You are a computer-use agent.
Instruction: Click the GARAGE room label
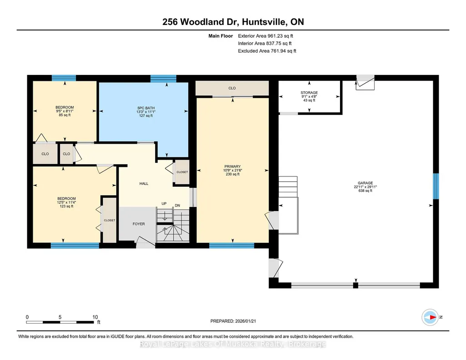[x=365, y=183]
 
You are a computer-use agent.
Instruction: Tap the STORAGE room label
[x=309, y=93]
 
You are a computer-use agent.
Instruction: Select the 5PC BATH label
[x=146, y=108]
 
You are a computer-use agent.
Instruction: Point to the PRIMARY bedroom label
[x=232, y=167]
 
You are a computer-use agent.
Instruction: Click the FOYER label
[x=139, y=224]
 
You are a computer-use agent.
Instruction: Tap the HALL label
[x=144, y=184]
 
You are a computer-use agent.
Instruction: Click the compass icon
[x=430, y=317]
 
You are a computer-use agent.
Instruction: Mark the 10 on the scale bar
[x=95, y=317]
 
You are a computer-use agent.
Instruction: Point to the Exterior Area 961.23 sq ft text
[x=266, y=36]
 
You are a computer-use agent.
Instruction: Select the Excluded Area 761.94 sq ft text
[x=267, y=51]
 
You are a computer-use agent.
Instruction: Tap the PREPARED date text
[x=233, y=321]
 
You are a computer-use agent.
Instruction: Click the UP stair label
[x=164, y=204]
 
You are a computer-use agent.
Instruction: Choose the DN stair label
[x=177, y=205]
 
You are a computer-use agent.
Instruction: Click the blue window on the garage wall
[x=436, y=186]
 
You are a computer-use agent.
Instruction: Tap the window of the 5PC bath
[x=163, y=79]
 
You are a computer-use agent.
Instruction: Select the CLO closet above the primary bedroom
[x=232, y=88]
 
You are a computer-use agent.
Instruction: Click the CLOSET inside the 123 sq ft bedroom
[x=110, y=220]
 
